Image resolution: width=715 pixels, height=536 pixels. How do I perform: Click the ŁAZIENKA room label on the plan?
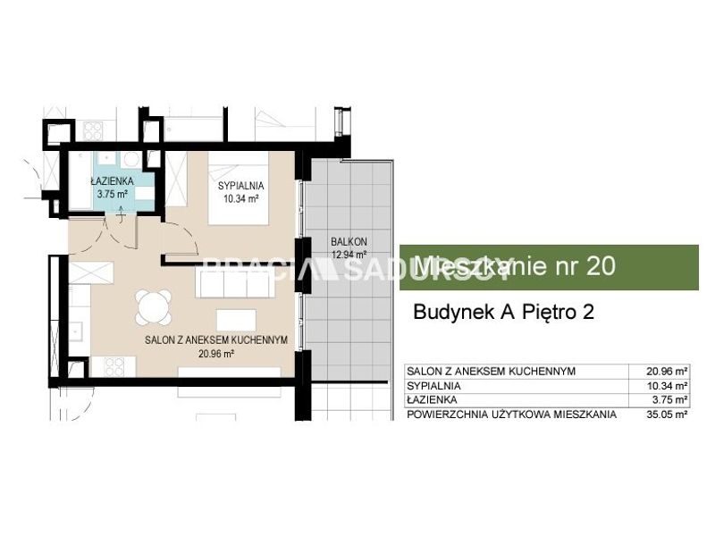113,181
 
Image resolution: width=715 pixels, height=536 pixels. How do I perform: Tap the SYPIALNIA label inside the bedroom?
240,186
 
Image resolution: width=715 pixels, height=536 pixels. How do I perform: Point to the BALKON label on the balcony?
349,241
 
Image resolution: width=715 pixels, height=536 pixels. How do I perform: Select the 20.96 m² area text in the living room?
216,353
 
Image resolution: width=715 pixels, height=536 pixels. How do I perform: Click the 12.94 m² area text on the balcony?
349,255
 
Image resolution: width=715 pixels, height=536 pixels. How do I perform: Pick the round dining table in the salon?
154,307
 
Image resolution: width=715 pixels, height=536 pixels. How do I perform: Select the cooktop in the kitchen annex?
114,367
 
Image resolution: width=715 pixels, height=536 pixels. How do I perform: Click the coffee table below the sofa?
236,320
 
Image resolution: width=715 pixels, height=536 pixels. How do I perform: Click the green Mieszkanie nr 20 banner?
549,267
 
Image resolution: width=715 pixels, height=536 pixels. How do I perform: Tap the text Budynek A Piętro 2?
503,312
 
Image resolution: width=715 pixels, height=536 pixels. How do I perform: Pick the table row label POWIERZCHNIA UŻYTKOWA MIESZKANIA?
511,415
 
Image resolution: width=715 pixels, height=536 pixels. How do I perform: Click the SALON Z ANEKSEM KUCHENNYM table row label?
491,371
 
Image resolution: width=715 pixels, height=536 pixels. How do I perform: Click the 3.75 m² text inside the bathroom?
113,194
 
